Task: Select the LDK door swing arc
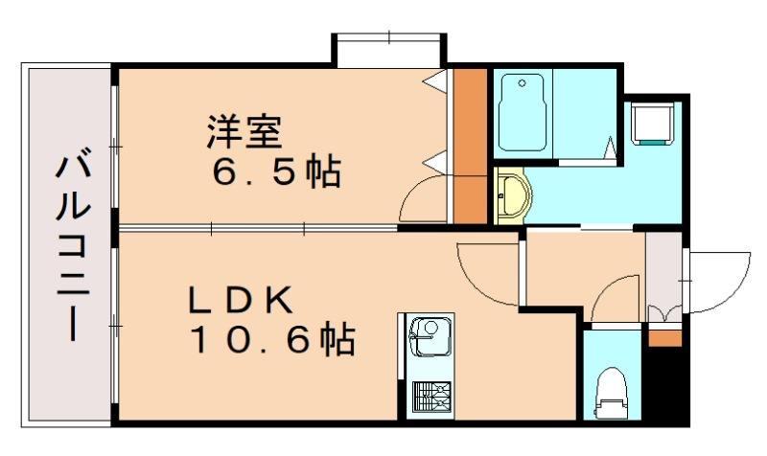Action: pos(487,273)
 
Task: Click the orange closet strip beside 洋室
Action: pos(470,144)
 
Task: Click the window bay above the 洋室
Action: pos(389,50)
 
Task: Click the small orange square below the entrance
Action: pos(663,337)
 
